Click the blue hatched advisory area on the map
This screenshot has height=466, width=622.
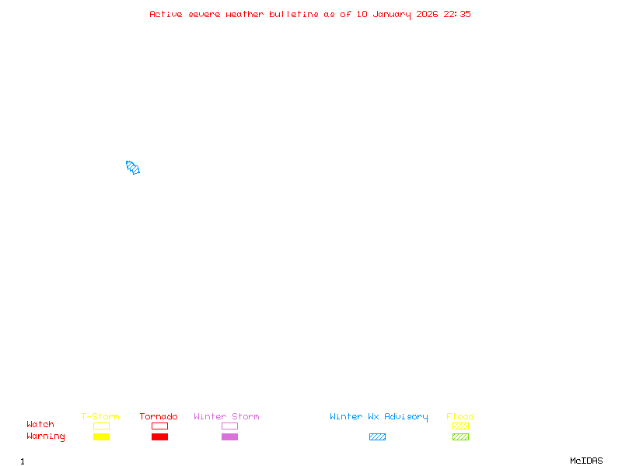[x=132, y=167]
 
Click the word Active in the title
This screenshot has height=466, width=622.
[x=166, y=14]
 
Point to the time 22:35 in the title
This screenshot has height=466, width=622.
[x=457, y=14]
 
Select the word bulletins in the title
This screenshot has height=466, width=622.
[x=294, y=14]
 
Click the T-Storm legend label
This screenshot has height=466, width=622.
[x=100, y=416]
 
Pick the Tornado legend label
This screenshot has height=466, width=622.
[x=159, y=416]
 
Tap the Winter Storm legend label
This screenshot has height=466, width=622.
[x=226, y=416]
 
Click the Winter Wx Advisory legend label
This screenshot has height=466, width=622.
[x=379, y=416]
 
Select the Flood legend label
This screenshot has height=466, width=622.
[x=460, y=416]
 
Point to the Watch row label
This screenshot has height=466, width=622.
[x=40, y=425]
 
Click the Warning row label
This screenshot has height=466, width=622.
[x=46, y=436]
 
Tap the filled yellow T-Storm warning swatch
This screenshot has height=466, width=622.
[x=101, y=436]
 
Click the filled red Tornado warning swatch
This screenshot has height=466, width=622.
[x=159, y=436]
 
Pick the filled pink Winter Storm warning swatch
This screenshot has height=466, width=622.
[x=229, y=436]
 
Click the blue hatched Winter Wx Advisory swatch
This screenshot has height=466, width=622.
[x=377, y=436]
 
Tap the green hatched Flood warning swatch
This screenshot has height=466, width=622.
[x=460, y=436]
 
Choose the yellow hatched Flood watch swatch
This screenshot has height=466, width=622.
[x=460, y=426]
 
